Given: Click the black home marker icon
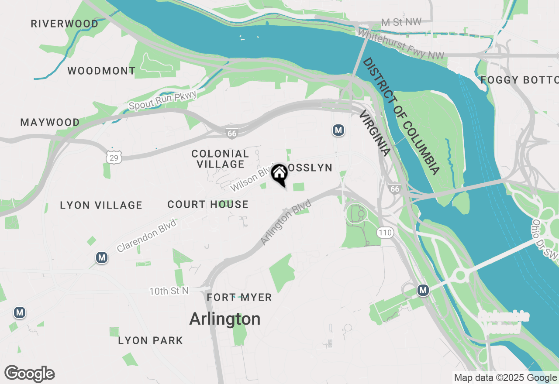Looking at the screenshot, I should (x=279, y=174).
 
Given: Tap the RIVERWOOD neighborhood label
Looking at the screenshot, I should (x=65, y=24).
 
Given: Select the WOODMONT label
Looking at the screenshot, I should (x=101, y=71).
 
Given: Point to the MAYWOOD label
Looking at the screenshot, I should (x=50, y=123).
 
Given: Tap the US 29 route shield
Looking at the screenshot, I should (x=114, y=158).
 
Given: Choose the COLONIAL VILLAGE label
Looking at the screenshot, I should (x=220, y=159).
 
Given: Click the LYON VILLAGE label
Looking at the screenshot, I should (x=101, y=205).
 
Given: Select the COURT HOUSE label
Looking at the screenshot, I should (x=208, y=204).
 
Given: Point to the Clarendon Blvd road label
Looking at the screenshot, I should (x=147, y=236).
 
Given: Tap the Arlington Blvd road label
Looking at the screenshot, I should (x=286, y=222).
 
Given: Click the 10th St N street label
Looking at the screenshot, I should (x=169, y=291).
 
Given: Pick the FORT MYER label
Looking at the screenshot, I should (x=239, y=298).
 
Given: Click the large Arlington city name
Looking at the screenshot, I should (x=225, y=319).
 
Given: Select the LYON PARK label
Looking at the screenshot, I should (x=151, y=340).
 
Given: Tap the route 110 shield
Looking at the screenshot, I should (x=386, y=233).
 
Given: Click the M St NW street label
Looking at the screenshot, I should (x=397, y=22).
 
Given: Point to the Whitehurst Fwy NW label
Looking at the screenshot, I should (x=401, y=45).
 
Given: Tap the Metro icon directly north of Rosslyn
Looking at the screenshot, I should (x=338, y=130).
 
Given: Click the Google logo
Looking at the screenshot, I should (x=30, y=374).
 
